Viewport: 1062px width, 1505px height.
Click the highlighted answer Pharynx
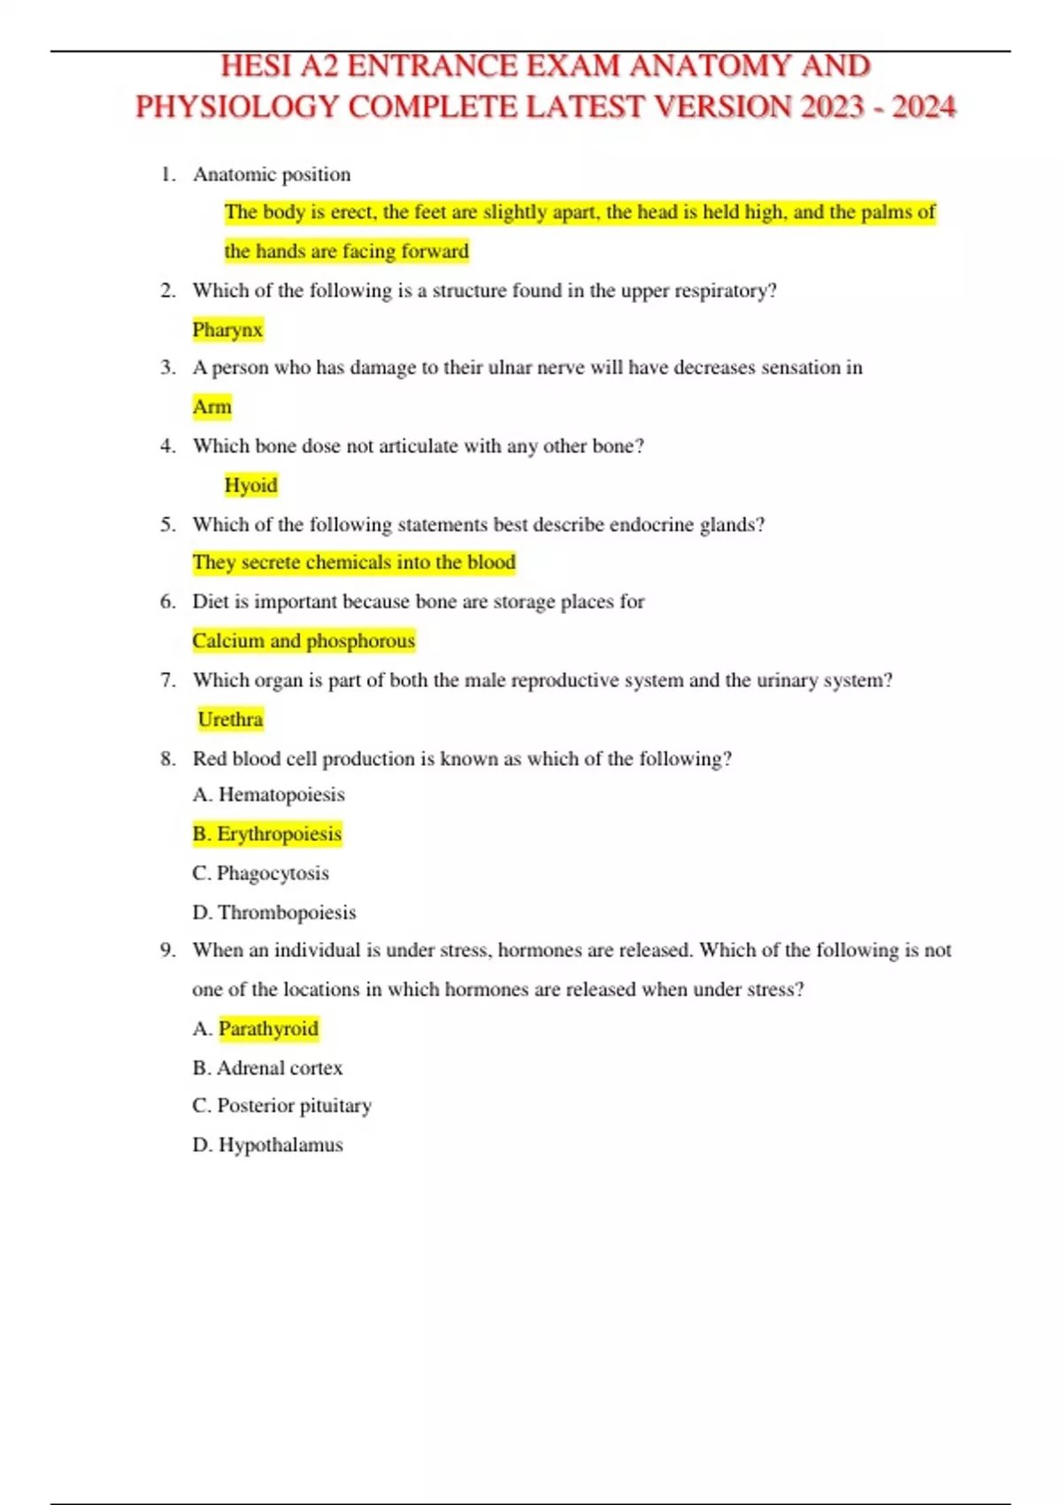pyautogui.click(x=227, y=329)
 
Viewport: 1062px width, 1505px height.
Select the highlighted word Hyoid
pyautogui.click(x=250, y=485)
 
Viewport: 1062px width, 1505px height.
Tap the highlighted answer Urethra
pyautogui.click(x=230, y=719)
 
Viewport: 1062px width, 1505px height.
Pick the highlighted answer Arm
pyautogui.click(x=212, y=406)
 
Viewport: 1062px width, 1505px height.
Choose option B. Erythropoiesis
pyautogui.click(x=267, y=834)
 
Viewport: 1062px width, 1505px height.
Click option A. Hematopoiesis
pyautogui.click(x=268, y=794)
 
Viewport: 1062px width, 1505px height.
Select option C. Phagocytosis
pyautogui.click(x=260, y=873)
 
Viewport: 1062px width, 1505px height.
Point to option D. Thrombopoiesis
pyautogui.click(x=273, y=912)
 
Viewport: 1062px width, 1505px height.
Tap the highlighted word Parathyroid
pyautogui.click(x=268, y=1029)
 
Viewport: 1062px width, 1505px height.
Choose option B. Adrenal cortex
pyautogui.click(x=267, y=1068)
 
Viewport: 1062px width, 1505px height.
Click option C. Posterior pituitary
pyautogui.click(x=281, y=1106)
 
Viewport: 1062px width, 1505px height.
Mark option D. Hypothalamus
pyautogui.click(x=267, y=1145)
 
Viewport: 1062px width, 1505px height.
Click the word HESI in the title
pyautogui.click(x=256, y=66)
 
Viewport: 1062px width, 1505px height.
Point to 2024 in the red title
pyautogui.click(x=923, y=107)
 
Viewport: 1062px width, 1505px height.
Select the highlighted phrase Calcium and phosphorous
pyautogui.click(x=304, y=640)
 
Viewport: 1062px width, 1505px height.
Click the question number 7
pyautogui.click(x=167, y=680)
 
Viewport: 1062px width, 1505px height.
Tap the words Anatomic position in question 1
pyautogui.click(x=272, y=174)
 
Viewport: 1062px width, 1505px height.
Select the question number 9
pyautogui.click(x=167, y=950)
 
